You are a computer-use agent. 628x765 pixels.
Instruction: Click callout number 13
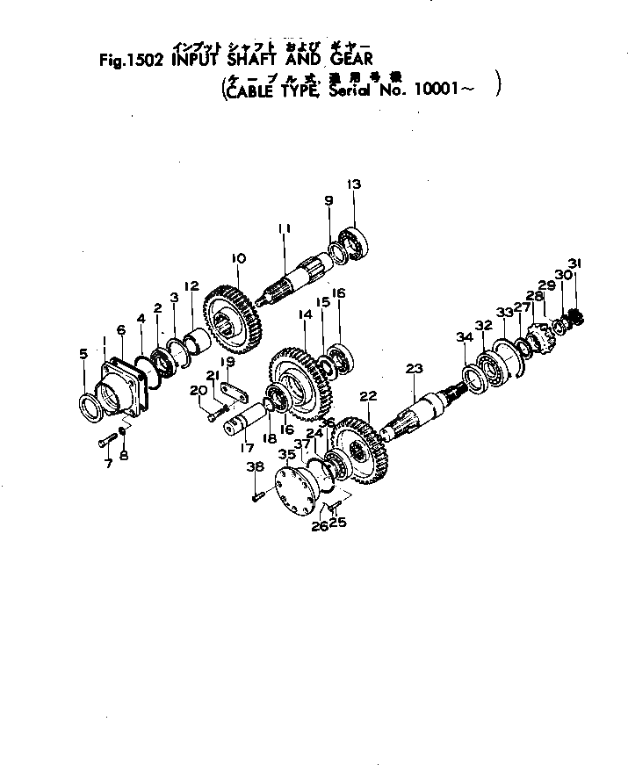click(x=354, y=185)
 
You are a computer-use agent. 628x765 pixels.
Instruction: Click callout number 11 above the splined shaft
click(x=284, y=228)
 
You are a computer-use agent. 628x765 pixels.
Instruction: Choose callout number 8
click(x=123, y=455)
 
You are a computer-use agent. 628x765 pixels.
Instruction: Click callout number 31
click(x=574, y=263)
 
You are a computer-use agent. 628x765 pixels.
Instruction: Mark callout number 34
click(x=462, y=338)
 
